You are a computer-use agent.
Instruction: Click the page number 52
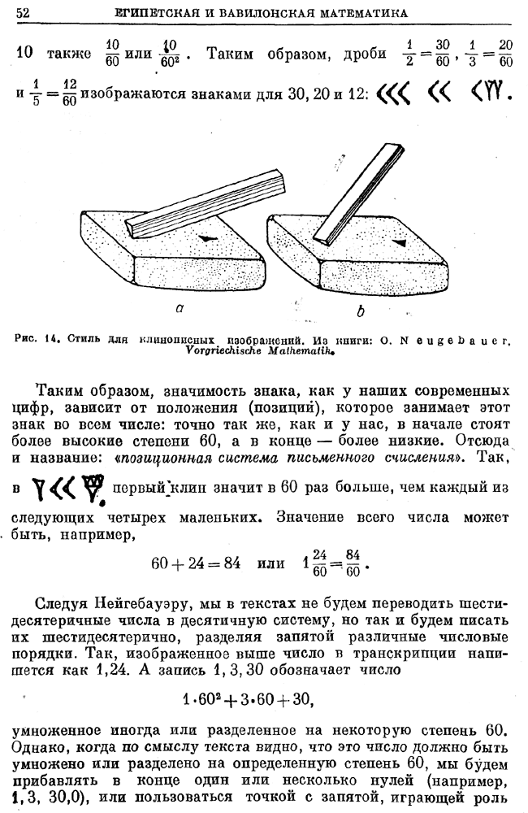[x=24, y=12]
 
